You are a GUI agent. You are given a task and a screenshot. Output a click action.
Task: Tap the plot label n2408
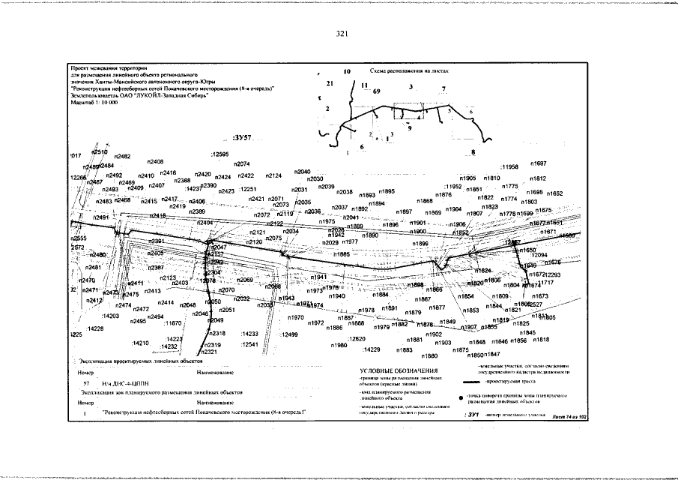pos(155,162)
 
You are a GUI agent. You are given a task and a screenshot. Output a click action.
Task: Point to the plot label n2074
pos(241,163)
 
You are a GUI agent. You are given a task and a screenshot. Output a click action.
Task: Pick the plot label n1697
pos(538,163)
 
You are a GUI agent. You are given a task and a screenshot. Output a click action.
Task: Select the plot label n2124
pos(273,175)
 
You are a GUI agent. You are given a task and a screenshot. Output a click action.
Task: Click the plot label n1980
pos(339,345)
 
